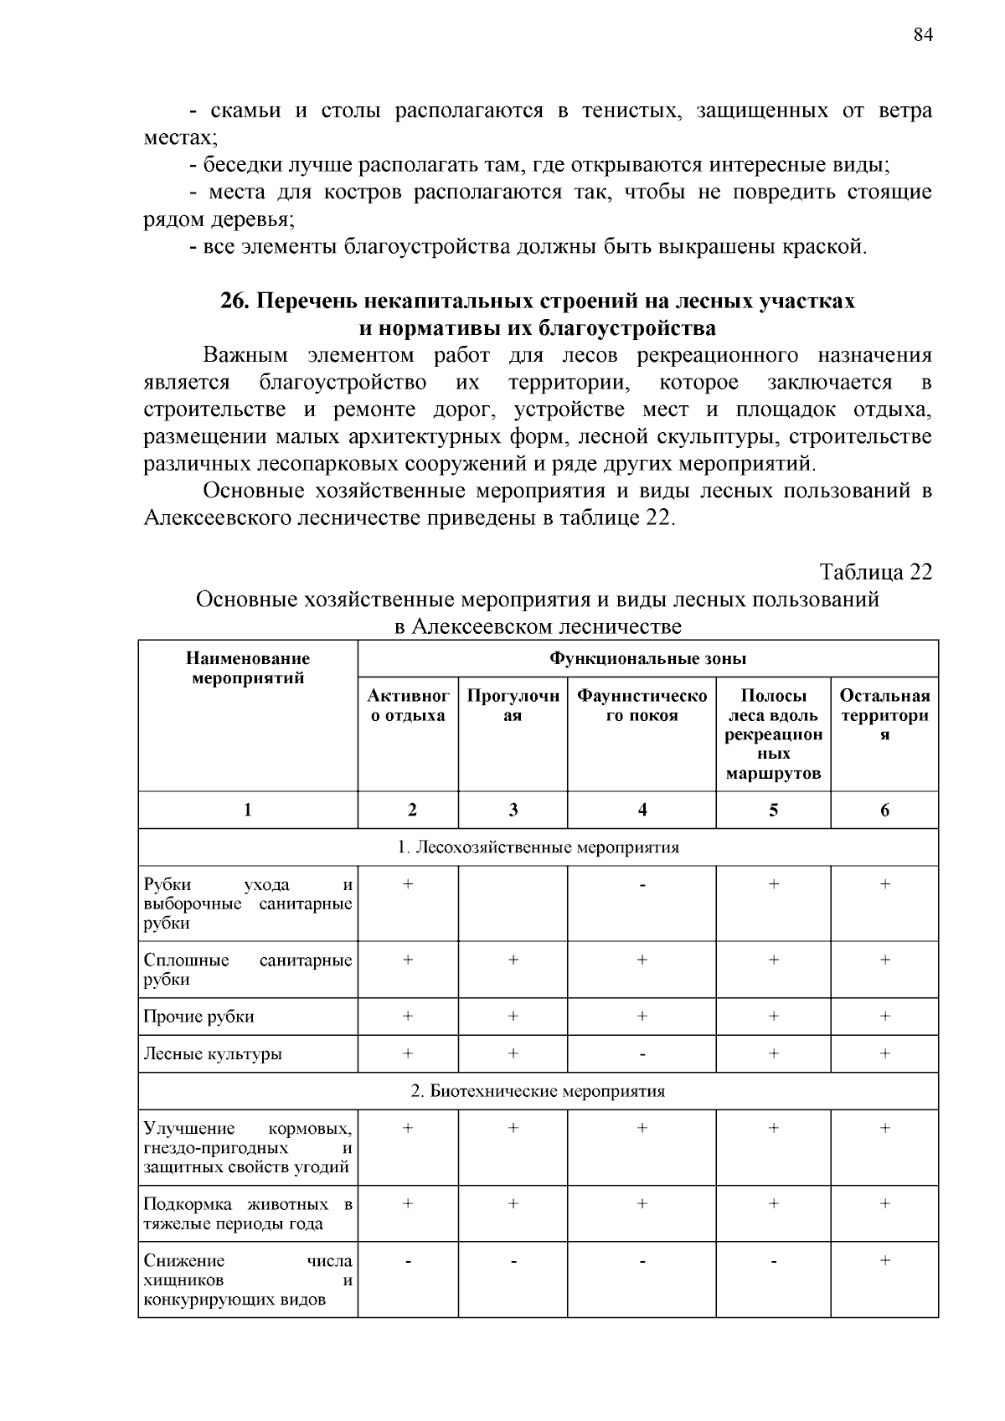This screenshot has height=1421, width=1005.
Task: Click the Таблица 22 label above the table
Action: pyautogui.click(x=875, y=572)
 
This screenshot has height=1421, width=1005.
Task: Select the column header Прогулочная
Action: pyautogui.click(x=513, y=705)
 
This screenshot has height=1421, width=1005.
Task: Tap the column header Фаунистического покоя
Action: pyautogui.click(x=642, y=705)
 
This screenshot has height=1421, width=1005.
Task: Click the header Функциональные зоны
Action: pyautogui.click(x=647, y=658)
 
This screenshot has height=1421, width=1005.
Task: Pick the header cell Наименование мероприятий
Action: pyautogui.click(x=248, y=668)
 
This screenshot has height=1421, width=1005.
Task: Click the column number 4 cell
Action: pyautogui.click(x=642, y=810)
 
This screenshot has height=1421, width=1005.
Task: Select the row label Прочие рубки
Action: pyautogui.click(x=199, y=1017)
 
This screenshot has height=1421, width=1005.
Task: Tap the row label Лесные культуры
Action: pyautogui.click(x=213, y=1053)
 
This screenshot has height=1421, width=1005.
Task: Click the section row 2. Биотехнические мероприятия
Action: pyautogui.click(x=538, y=1091)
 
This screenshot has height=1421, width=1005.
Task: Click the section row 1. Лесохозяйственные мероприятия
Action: pyautogui.click(x=538, y=847)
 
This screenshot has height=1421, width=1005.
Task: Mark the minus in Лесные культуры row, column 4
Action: pyautogui.click(x=642, y=1054)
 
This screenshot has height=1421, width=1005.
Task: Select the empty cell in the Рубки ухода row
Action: pyautogui.click(x=513, y=903)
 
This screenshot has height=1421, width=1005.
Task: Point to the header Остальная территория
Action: pyautogui.click(x=884, y=715)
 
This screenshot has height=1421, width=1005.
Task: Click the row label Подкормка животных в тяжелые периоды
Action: pyautogui.click(x=248, y=1214)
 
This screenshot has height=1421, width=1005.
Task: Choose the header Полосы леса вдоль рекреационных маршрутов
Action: pyautogui.click(x=773, y=734)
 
